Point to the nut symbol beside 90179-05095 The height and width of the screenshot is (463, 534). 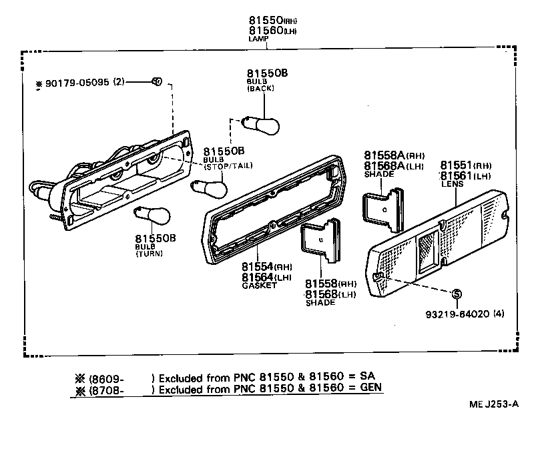(x=156, y=81)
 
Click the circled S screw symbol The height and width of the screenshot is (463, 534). (x=457, y=294)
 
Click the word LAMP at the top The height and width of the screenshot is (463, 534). (x=258, y=39)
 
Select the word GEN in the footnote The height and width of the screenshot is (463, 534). (x=373, y=387)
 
